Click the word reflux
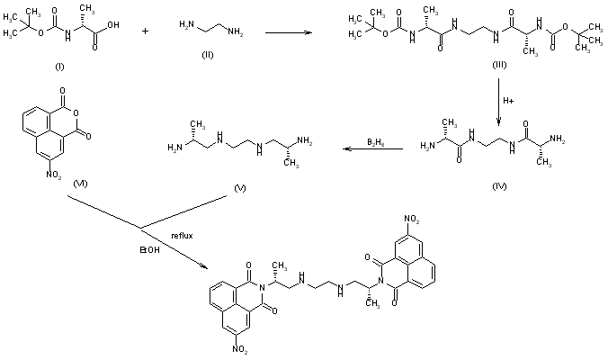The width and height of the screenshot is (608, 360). point(183,236)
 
